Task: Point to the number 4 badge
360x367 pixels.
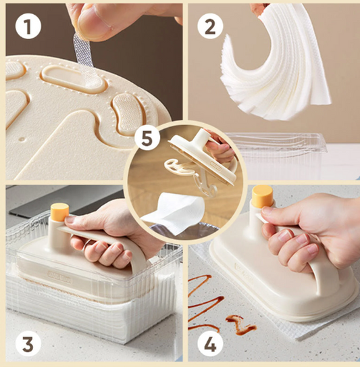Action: [210, 344]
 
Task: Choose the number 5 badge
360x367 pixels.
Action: [147, 139]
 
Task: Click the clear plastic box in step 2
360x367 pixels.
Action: [284, 152]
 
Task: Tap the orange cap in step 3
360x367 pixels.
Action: [59, 211]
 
